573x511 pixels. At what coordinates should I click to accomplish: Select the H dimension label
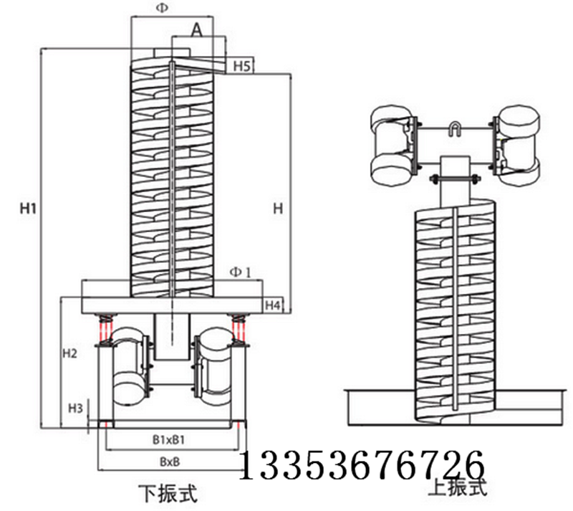point(278,208)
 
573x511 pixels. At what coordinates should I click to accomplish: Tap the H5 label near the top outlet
point(241,67)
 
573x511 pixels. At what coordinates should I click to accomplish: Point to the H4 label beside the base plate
point(273,306)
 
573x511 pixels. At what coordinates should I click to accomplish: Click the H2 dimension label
point(69,353)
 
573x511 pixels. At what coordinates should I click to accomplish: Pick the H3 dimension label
point(74,408)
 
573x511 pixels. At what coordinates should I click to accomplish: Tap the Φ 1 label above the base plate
point(241,272)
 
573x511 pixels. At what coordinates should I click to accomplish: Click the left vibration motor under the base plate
point(128,367)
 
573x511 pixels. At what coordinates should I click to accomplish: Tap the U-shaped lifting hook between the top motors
point(454,130)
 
